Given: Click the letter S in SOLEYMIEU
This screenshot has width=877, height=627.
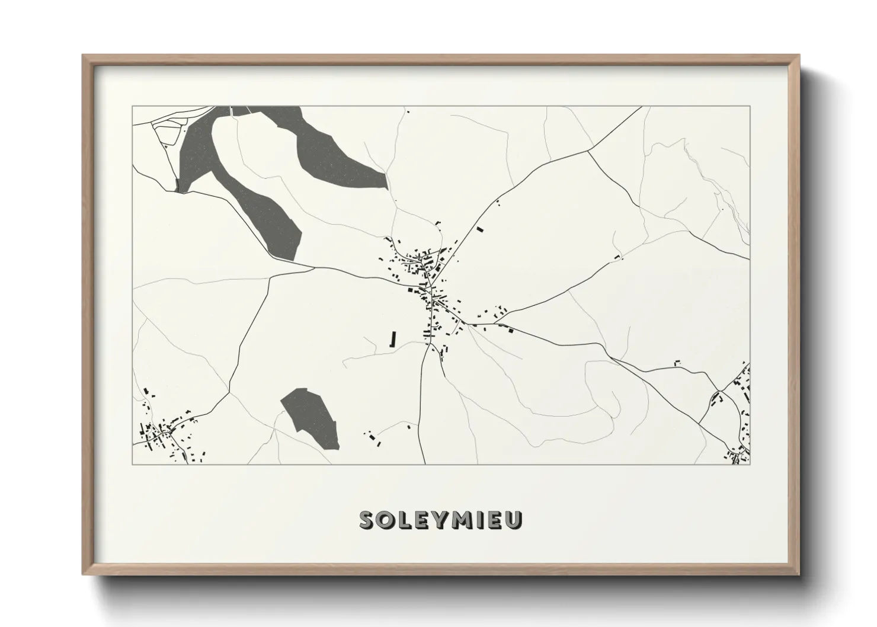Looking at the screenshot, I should tap(367, 520).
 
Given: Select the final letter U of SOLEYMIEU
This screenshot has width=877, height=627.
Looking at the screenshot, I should tap(514, 520).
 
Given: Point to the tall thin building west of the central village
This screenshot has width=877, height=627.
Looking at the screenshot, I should tap(392, 338).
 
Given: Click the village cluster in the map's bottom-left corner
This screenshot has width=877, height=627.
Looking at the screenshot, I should tap(163, 436).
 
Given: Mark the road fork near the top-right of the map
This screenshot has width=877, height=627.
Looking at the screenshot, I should tap(588, 151).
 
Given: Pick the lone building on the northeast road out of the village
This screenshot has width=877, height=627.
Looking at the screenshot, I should tap(480, 229).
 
